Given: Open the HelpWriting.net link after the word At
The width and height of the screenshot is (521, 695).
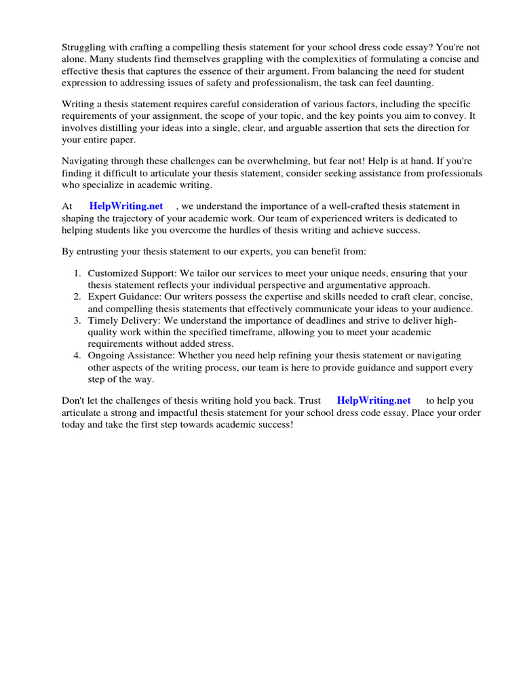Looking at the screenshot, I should (x=126, y=206).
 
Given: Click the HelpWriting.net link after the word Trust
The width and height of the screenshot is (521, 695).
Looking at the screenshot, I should (x=374, y=400).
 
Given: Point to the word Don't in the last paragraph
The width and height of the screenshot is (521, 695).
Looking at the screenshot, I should (x=75, y=400).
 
